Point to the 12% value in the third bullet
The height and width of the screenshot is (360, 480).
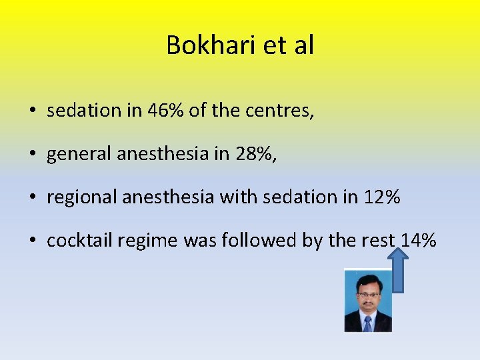(382, 197)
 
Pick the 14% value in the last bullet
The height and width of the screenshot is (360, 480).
(418, 241)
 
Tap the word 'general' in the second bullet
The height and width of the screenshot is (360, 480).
(79, 155)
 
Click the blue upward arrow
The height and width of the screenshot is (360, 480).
(398, 269)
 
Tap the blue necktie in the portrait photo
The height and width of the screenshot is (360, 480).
(367, 323)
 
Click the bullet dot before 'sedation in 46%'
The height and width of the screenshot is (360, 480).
(33, 111)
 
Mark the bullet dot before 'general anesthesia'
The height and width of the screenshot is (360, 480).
(33, 155)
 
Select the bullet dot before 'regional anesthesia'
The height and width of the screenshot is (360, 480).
(33, 198)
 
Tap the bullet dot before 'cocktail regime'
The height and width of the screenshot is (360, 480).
(33, 241)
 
